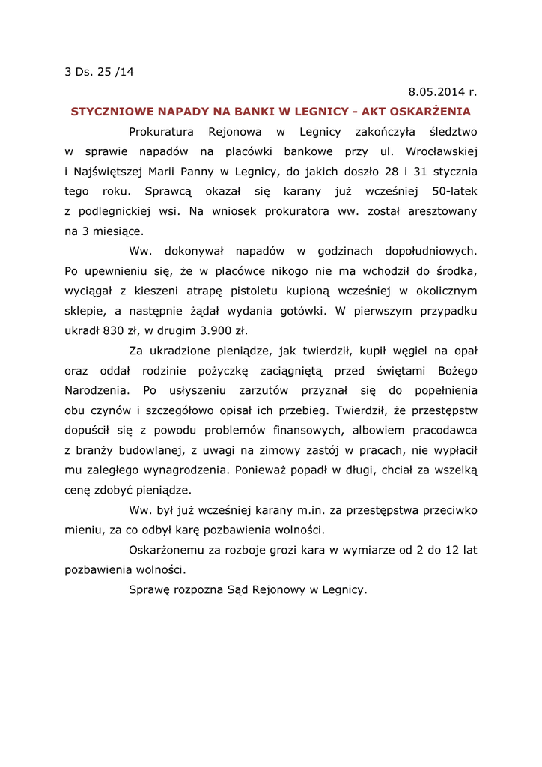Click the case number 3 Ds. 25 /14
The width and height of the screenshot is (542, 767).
point(100,73)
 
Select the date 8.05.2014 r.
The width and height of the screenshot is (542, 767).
point(442,92)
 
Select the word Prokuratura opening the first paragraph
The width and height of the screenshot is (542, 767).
point(162,132)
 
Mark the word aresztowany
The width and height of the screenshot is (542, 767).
point(442,211)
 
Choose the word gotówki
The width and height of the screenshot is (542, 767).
point(304,310)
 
